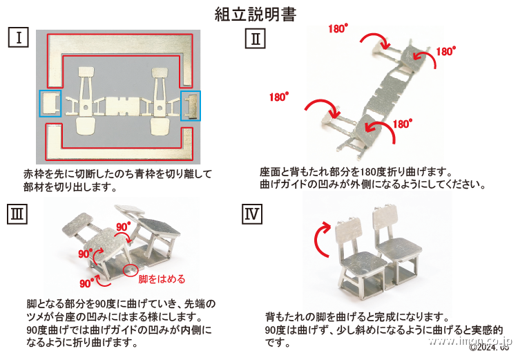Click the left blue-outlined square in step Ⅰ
point(50,104)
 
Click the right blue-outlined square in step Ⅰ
point(190,105)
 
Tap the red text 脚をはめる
point(162,279)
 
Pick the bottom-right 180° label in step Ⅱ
point(402,124)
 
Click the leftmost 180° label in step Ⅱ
point(279,97)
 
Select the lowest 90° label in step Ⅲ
point(86,283)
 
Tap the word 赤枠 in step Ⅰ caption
point(32,175)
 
